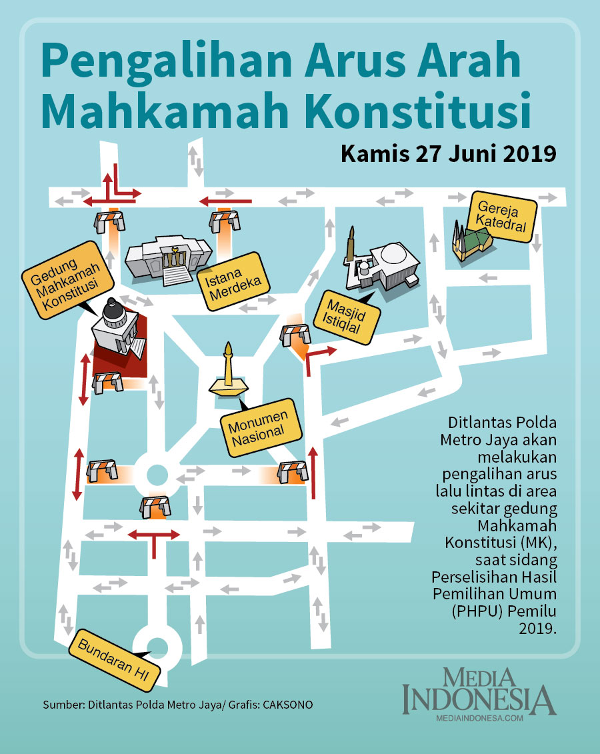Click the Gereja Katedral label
[502, 217]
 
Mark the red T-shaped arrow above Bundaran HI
[154, 539]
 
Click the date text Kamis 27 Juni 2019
[448, 153]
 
